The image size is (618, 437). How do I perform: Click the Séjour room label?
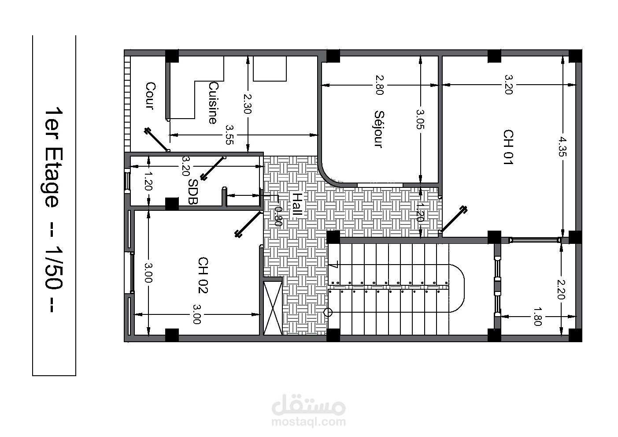(x=379, y=129)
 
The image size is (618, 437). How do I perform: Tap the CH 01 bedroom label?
(x=508, y=147)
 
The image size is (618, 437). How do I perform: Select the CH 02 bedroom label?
(x=203, y=275)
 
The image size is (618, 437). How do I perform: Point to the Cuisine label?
(x=213, y=103)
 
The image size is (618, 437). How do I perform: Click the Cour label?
(x=150, y=96)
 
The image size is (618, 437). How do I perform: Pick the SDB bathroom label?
(x=192, y=191)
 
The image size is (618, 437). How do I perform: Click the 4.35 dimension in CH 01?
(x=562, y=147)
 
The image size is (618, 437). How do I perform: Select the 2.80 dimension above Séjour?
(x=380, y=85)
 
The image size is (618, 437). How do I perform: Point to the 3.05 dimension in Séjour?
(x=420, y=120)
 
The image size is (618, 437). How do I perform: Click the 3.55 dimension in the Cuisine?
(x=229, y=135)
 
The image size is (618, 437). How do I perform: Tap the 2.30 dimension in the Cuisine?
(x=247, y=104)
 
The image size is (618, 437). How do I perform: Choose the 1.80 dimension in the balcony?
(x=538, y=317)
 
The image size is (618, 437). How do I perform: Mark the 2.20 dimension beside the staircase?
(x=561, y=289)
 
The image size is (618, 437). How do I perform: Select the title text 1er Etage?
(x=54, y=157)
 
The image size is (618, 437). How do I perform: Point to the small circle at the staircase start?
(x=328, y=312)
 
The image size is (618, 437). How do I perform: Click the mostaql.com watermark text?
(x=308, y=422)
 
